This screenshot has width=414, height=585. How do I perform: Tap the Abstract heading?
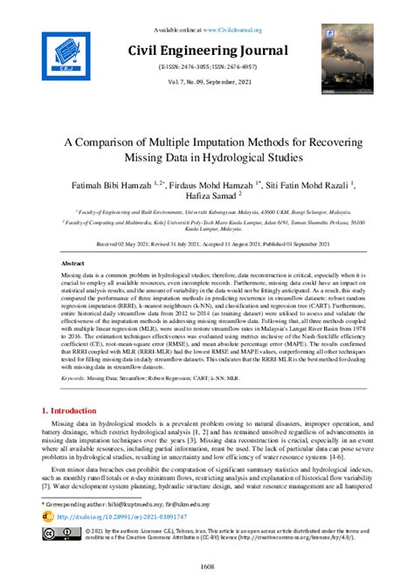72,263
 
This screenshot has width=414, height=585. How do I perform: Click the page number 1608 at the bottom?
207,568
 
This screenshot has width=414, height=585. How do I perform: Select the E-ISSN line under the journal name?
207,66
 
